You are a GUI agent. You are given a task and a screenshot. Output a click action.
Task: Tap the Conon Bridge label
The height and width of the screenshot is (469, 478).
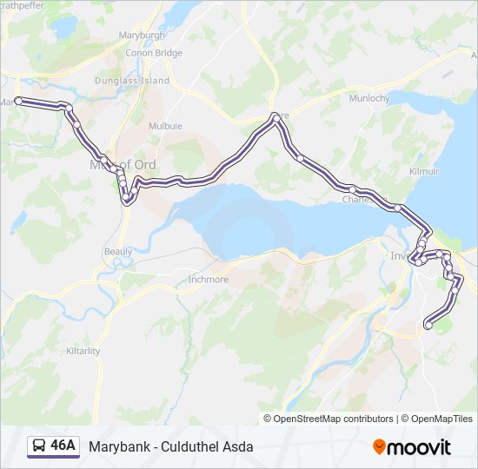tap(154, 53)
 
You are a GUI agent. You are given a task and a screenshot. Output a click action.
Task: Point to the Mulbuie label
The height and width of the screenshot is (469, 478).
tap(165, 126)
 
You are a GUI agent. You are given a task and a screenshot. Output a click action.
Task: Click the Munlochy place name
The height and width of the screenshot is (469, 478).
tap(368, 99)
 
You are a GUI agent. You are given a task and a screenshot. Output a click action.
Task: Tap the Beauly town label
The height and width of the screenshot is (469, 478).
tap(118, 251)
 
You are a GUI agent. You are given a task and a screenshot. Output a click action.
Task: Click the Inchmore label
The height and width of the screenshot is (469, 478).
tap(208, 280)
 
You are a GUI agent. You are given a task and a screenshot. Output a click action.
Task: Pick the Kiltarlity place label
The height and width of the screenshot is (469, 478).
tap(83, 351)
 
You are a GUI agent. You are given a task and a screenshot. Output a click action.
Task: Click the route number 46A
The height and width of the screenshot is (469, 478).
tap(63, 446)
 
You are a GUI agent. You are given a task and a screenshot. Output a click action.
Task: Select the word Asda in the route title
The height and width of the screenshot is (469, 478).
tap(240, 446)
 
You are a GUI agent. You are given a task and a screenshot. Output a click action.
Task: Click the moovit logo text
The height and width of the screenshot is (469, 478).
tap(420, 447)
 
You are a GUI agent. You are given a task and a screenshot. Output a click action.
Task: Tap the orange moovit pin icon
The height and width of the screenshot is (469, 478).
tap(379, 446)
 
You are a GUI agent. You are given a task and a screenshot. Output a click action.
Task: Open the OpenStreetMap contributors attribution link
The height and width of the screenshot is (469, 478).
tap(334, 419)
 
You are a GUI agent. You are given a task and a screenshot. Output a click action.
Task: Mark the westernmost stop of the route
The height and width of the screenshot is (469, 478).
tap(18, 102)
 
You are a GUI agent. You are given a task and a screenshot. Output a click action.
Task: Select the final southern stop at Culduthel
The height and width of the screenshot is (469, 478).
tap(428, 326)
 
